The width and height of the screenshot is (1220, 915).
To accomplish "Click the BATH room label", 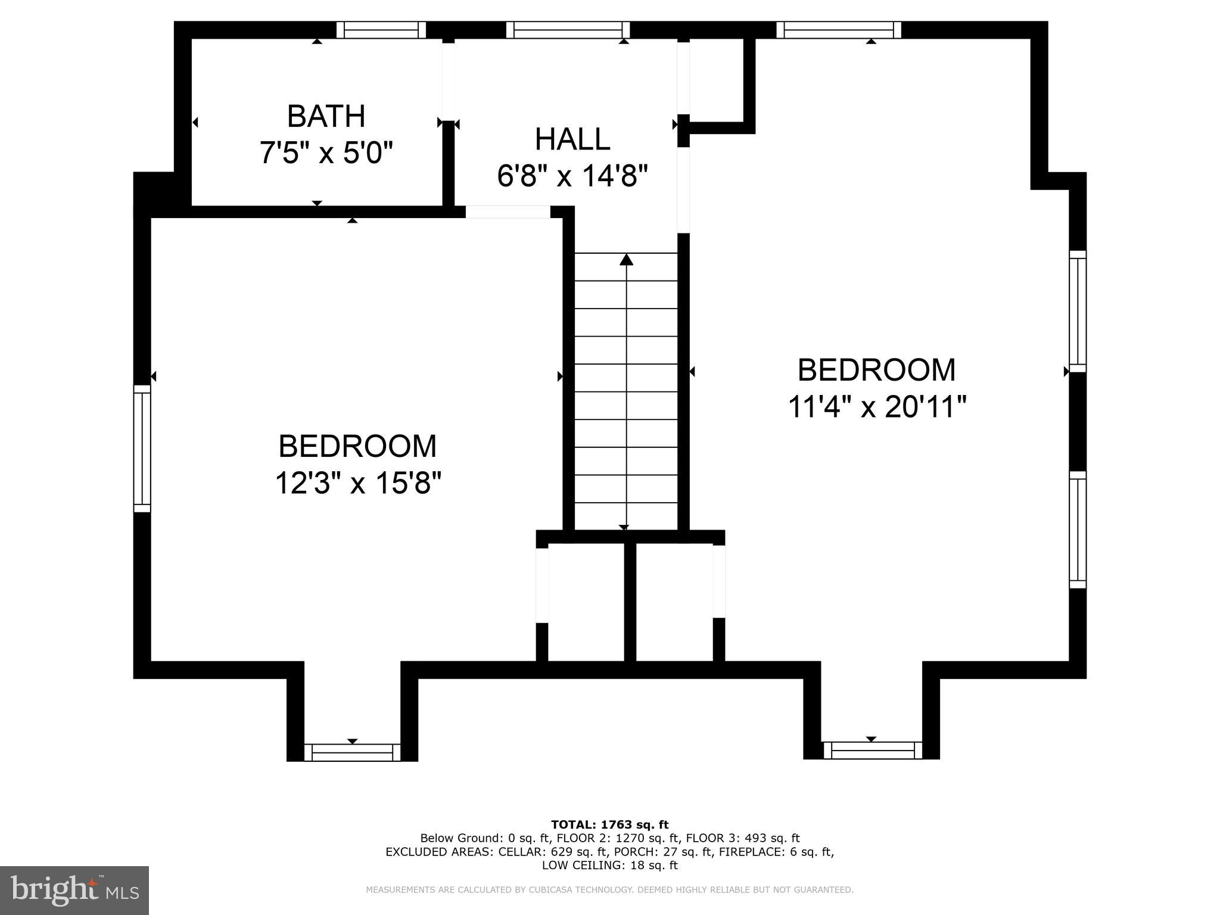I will click(x=326, y=116).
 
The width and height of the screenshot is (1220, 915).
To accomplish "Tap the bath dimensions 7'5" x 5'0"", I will click(x=326, y=153).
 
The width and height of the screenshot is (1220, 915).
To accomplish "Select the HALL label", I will click(x=572, y=139).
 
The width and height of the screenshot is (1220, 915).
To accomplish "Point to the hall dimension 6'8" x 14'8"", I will click(x=572, y=176).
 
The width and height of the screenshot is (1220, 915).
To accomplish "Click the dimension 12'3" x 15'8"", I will click(x=357, y=483).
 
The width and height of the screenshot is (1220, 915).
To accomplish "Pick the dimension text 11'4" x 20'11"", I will click(x=876, y=407).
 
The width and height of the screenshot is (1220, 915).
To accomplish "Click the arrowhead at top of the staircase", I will click(x=626, y=260).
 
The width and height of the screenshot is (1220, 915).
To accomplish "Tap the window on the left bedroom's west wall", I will click(x=142, y=448).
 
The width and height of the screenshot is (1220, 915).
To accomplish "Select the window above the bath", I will click(x=381, y=30).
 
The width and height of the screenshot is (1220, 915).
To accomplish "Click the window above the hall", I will click(x=568, y=30).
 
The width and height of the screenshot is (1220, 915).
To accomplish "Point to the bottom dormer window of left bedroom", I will click(x=352, y=752).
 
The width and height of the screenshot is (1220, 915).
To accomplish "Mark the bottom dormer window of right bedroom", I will click(x=872, y=751).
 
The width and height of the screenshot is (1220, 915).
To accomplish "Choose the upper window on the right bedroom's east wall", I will click(x=1077, y=310).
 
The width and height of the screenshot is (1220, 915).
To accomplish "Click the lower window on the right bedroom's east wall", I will click(x=1077, y=530).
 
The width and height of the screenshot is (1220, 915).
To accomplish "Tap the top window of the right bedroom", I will click(x=839, y=30).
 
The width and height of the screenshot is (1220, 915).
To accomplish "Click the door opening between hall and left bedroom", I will click(x=508, y=212).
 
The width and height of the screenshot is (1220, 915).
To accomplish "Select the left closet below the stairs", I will click(x=586, y=602).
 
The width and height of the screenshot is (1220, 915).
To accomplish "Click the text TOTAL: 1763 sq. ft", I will click(x=609, y=825).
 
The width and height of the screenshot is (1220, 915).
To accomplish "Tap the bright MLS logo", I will click(x=74, y=891).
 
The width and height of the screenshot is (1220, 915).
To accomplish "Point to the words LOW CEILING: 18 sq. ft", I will click(x=609, y=865).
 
